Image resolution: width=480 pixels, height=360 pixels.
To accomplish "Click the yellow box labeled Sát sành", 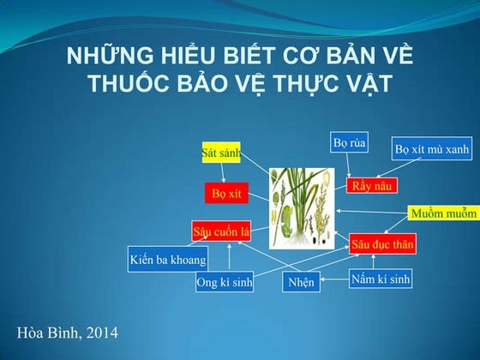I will (221, 153).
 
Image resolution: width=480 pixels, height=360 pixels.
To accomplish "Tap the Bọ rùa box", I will (349, 143).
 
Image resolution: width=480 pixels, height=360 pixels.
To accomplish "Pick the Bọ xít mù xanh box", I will (431, 149).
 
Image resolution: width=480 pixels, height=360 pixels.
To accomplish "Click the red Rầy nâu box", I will (372, 185).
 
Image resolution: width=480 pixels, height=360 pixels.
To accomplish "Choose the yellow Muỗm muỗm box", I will (443, 213).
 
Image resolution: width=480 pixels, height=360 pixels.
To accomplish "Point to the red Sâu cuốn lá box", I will (220, 231).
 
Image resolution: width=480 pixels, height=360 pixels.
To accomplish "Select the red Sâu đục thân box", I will (382, 244).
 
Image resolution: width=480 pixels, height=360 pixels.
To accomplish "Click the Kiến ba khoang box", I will (168, 259).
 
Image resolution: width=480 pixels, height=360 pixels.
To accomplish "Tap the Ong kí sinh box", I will (225, 282).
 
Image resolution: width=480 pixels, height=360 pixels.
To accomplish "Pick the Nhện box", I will (301, 282).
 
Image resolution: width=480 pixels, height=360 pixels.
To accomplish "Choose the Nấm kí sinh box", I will (381, 279).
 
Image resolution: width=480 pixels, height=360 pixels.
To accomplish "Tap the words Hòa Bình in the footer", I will (45, 332).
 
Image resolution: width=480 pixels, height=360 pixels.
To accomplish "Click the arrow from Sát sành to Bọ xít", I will (223, 172).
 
